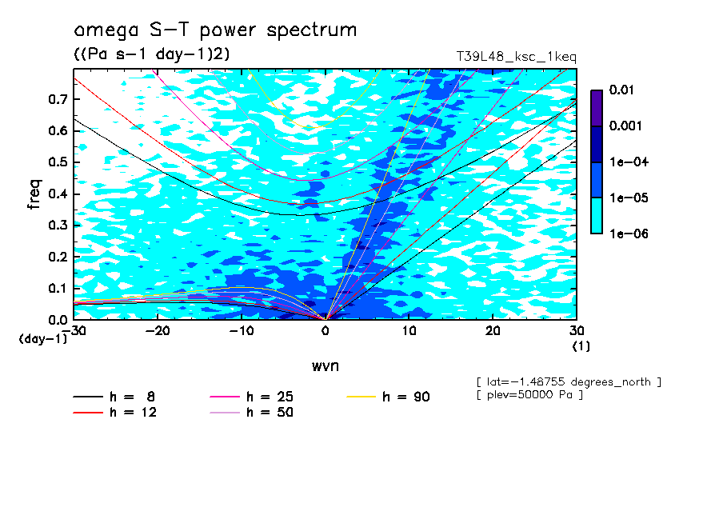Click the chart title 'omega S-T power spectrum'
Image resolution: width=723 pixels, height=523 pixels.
tap(215, 30)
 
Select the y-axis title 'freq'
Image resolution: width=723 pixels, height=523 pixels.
tap(34, 194)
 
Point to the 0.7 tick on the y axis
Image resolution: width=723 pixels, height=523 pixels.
tap(58, 99)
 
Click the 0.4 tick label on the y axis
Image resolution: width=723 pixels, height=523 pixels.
tap(58, 194)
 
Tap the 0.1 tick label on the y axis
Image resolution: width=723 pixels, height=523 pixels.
tap(58, 289)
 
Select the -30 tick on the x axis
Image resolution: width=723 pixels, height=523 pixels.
tap(74, 330)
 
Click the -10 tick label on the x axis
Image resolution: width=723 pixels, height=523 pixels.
tap(242, 330)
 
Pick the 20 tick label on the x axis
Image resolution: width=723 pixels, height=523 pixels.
tap(493, 330)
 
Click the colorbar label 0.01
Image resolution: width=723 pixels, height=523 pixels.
tap(621, 90)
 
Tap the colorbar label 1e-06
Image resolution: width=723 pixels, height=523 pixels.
tap(625, 234)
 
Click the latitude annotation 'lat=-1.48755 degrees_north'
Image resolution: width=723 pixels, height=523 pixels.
tap(569, 381)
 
